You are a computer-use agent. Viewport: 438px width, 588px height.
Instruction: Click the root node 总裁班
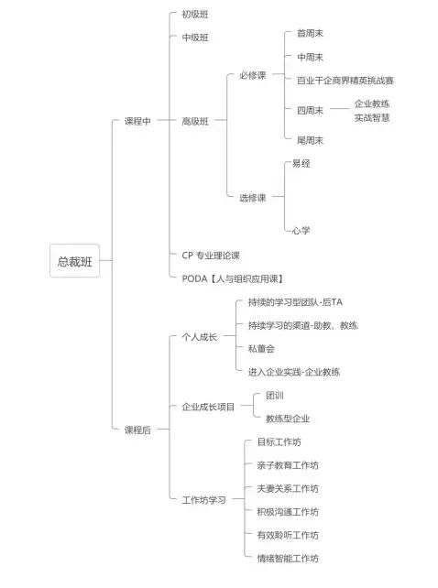pos(75,261)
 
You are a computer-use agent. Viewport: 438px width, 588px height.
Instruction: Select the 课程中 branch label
pos(137,121)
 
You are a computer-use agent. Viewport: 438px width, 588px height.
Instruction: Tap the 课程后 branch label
pos(137,430)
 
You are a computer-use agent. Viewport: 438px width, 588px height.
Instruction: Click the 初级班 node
pos(195,15)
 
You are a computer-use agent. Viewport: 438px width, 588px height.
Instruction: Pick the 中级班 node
pos(195,38)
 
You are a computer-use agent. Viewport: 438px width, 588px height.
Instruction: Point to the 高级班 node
pos(195,121)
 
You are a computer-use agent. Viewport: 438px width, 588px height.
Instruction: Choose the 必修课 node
pos(253,75)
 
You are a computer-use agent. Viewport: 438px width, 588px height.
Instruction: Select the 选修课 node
pos(253,198)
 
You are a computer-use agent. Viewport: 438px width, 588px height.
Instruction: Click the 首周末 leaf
pos(310,33)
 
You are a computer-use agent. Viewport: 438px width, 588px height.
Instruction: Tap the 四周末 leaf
pos(310,110)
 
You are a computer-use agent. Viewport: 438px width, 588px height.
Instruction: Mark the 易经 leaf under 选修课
pos(301,164)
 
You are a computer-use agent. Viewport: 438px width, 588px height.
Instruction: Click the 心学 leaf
pos(301,230)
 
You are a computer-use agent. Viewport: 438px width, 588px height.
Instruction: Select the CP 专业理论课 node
pos(211,256)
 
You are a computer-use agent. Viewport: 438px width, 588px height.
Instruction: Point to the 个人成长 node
pos(199,337)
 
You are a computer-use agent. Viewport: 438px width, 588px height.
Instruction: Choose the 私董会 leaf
pos(261,349)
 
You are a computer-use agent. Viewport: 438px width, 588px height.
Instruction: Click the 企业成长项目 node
pos(208,407)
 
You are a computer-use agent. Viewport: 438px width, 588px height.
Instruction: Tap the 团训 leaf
pos(275,396)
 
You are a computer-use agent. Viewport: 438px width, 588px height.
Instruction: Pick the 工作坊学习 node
pos(203,500)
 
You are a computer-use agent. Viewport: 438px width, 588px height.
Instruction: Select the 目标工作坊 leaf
pos(279,441)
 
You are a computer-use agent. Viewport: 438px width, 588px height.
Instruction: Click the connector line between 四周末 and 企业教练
pos(339,109)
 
